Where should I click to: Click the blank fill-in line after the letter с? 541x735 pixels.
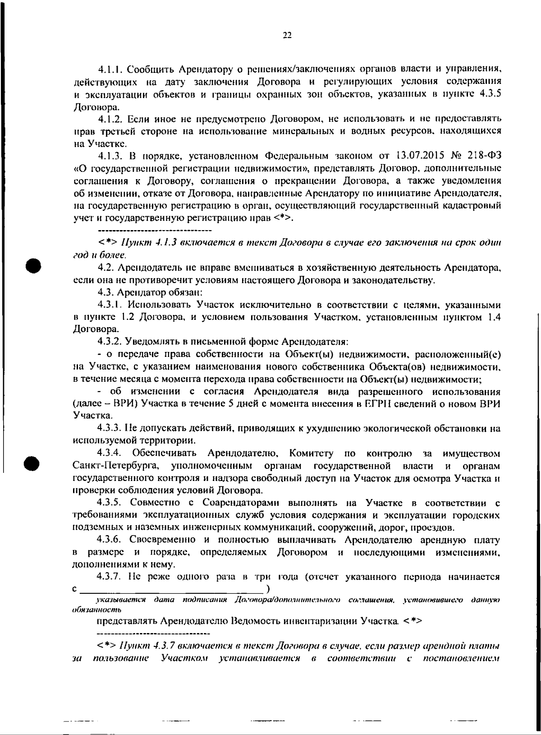pyautogui.click(x=171, y=589)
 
